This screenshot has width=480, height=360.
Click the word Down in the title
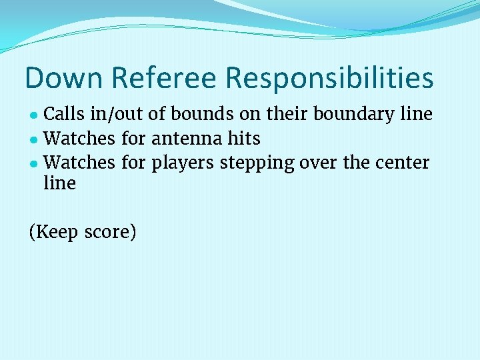pyautogui.click(x=63, y=78)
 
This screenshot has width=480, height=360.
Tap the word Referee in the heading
pyautogui.click(x=164, y=78)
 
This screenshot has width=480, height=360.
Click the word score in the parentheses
pyautogui.click(x=110, y=232)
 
